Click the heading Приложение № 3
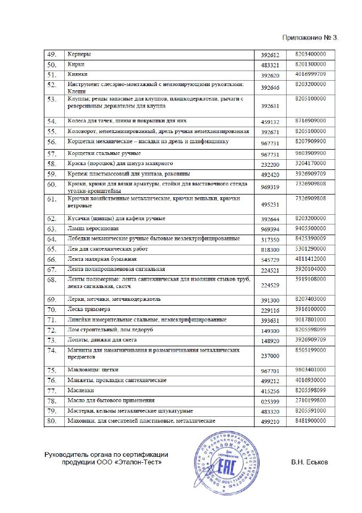pyautogui.click(x=310, y=38)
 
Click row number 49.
pyautogui.click(x=52, y=55)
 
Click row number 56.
pyautogui.click(x=52, y=142)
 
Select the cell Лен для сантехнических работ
pyautogui.click(x=107, y=249)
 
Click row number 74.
pyautogui.click(x=52, y=351)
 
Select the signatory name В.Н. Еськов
pyautogui.click(x=310, y=462)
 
